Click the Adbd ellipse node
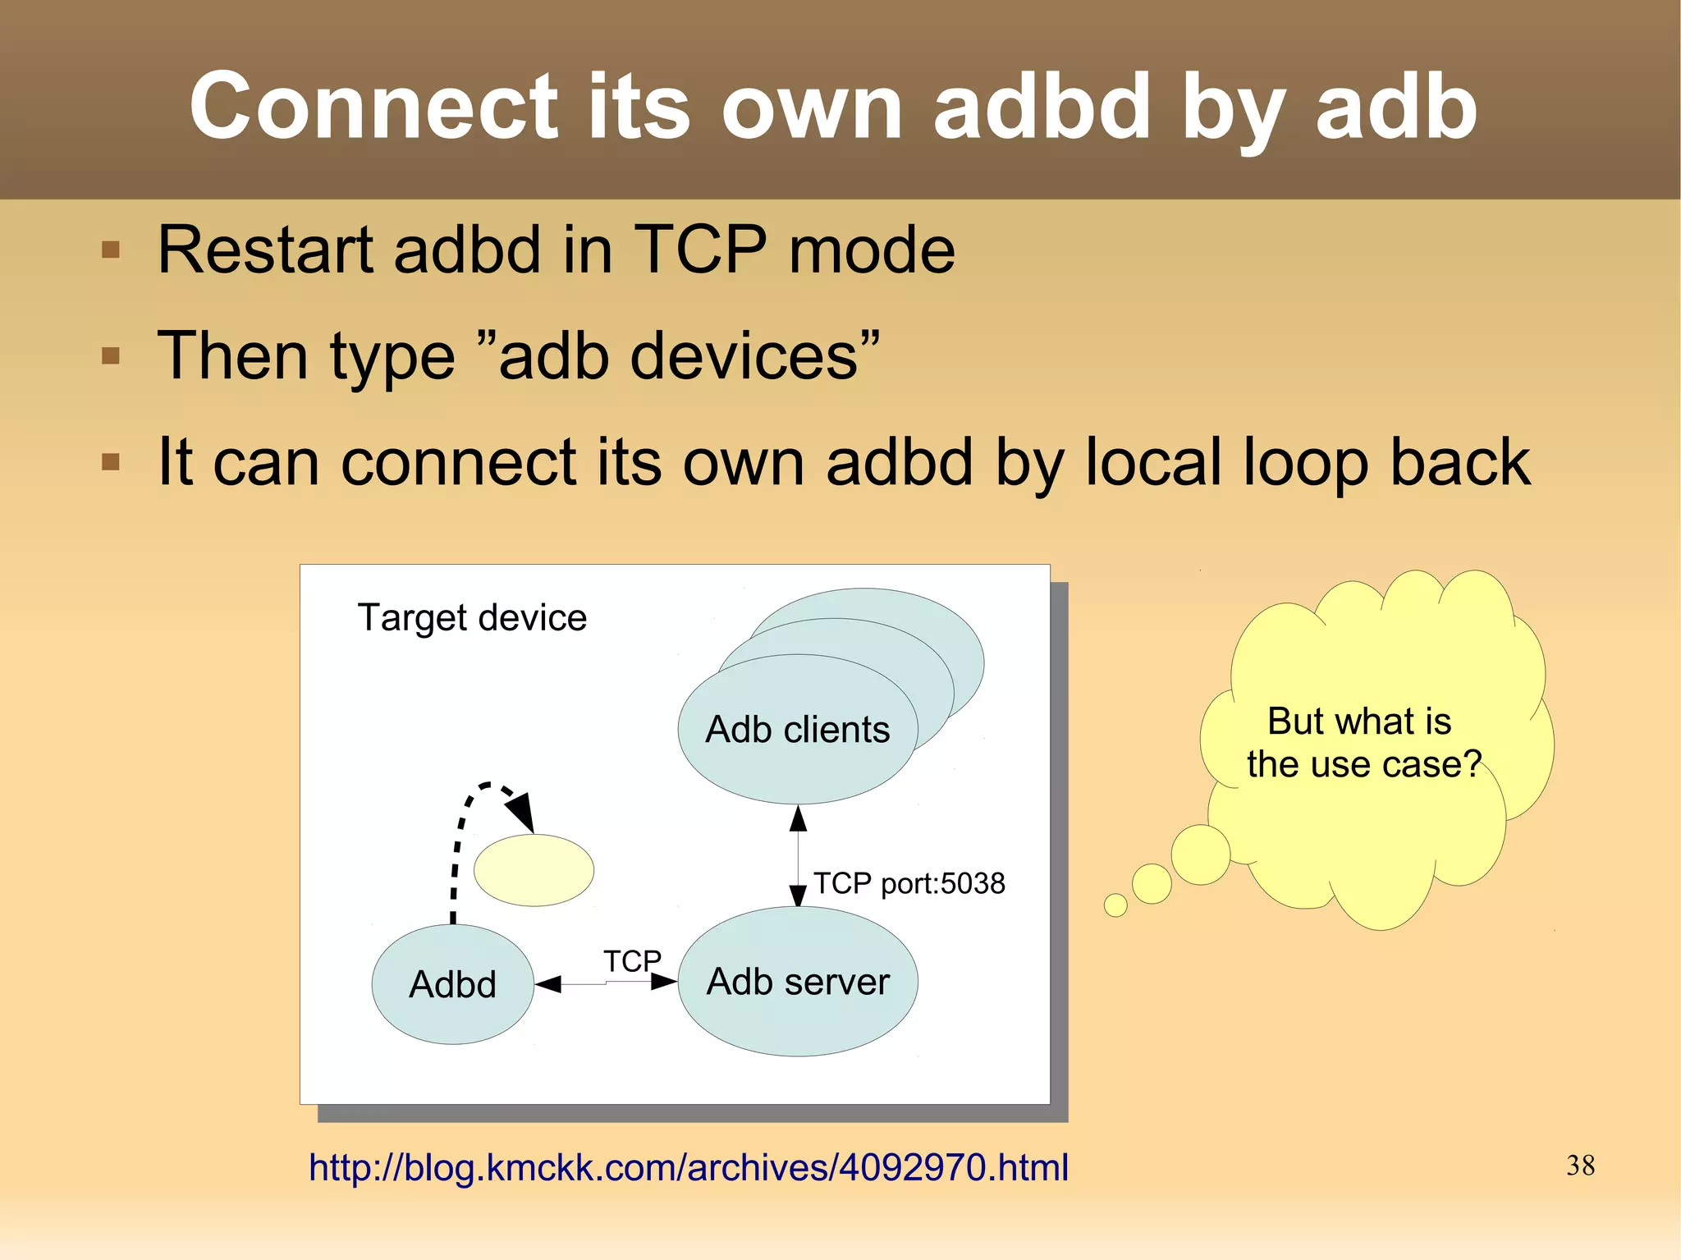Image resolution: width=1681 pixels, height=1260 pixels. coord(452,983)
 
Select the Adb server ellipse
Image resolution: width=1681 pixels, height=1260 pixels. coord(798,981)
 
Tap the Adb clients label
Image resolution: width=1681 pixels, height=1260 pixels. coord(798,730)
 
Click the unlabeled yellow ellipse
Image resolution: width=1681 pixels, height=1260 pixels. coord(534,870)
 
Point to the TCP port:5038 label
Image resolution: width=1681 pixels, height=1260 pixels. coord(909,883)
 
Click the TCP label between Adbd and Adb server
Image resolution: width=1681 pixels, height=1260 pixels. coord(632,960)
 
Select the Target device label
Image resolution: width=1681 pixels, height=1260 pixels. coord(472,617)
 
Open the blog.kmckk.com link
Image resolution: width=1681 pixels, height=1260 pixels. coord(688,1166)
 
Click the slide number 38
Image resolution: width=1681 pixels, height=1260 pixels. coord(1580,1165)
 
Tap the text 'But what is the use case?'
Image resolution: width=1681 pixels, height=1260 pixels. coord(1363,742)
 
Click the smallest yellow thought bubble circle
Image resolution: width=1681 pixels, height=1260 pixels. coord(1115,905)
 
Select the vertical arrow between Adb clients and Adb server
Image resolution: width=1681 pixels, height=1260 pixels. coord(798,855)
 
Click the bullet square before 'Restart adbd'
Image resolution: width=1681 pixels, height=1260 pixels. coord(111,250)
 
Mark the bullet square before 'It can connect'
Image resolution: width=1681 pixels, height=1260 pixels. coord(111,462)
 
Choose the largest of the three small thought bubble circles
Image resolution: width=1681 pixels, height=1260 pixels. coord(1200,855)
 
